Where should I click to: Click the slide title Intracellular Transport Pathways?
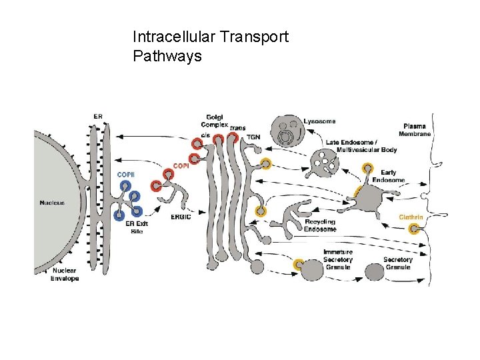(210, 46)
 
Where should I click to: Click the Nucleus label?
(52, 203)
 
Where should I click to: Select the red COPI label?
(180, 165)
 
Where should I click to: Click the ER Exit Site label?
(135, 227)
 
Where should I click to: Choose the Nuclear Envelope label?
(65, 275)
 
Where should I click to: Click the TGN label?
(253, 137)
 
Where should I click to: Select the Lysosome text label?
(319, 121)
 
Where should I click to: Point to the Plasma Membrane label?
(417, 129)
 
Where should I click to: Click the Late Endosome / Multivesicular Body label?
(361, 146)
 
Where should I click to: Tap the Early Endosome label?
(388, 176)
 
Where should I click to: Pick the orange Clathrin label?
(411, 217)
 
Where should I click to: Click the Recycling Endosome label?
(320, 225)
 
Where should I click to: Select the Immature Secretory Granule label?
(337, 259)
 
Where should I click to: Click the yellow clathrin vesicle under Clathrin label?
(415, 230)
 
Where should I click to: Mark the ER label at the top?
(98, 116)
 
